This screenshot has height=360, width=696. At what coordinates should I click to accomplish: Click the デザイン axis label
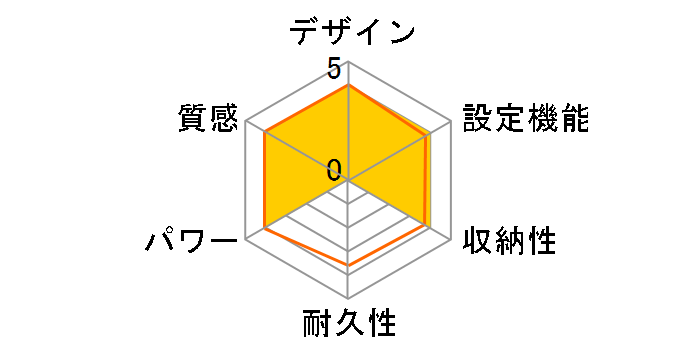(x=351, y=32)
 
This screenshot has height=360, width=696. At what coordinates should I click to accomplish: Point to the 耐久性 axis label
(x=348, y=325)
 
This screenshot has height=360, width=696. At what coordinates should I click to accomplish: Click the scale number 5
(x=333, y=71)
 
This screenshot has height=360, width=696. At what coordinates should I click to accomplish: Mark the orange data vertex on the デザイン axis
(x=348, y=86)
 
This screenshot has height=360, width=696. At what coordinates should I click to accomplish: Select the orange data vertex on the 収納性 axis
(x=428, y=227)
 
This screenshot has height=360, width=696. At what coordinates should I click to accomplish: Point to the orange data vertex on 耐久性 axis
(x=348, y=265)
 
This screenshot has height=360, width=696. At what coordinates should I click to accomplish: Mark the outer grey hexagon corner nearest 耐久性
(x=348, y=299)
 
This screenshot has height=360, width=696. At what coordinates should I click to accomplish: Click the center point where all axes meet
(x=348, y=181)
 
